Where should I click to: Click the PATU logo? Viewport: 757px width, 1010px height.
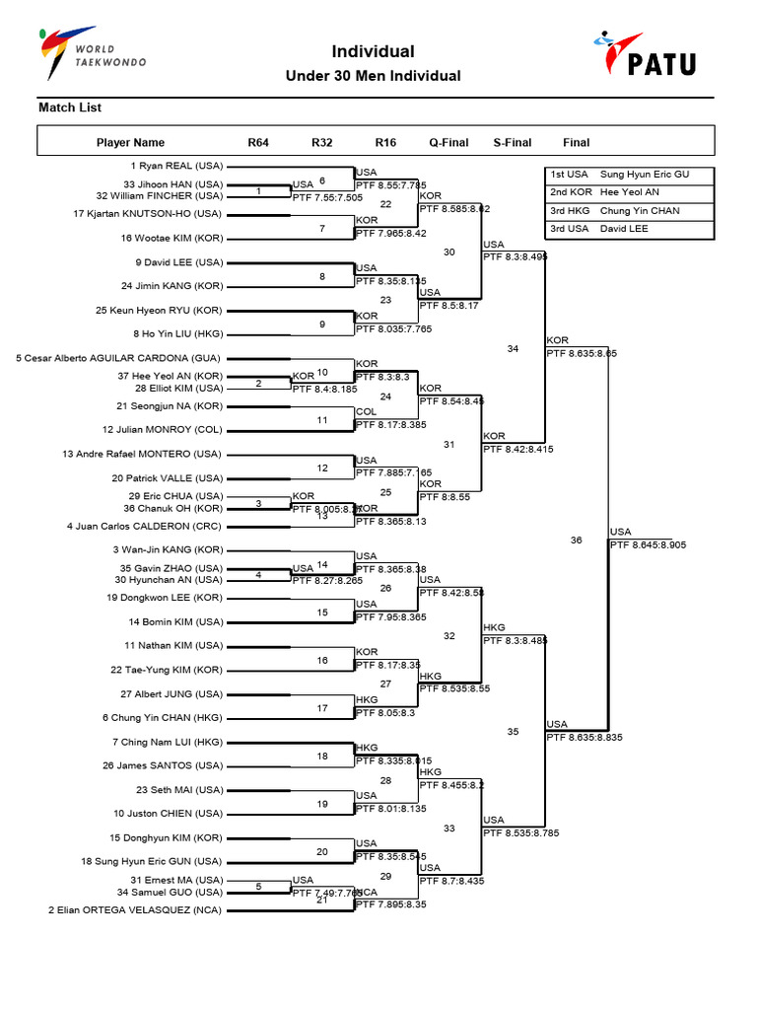tap(645, 53)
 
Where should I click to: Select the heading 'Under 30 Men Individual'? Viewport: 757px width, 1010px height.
tap(373, 76)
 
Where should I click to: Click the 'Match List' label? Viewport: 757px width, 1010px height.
tap(70, 108)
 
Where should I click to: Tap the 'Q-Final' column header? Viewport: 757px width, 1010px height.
tap(448, 143)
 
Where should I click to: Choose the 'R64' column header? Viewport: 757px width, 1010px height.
tap(258, 143)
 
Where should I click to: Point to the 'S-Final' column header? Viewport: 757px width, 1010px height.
tap(513, 143)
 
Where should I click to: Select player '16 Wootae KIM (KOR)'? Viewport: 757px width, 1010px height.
tap(172, 238)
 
